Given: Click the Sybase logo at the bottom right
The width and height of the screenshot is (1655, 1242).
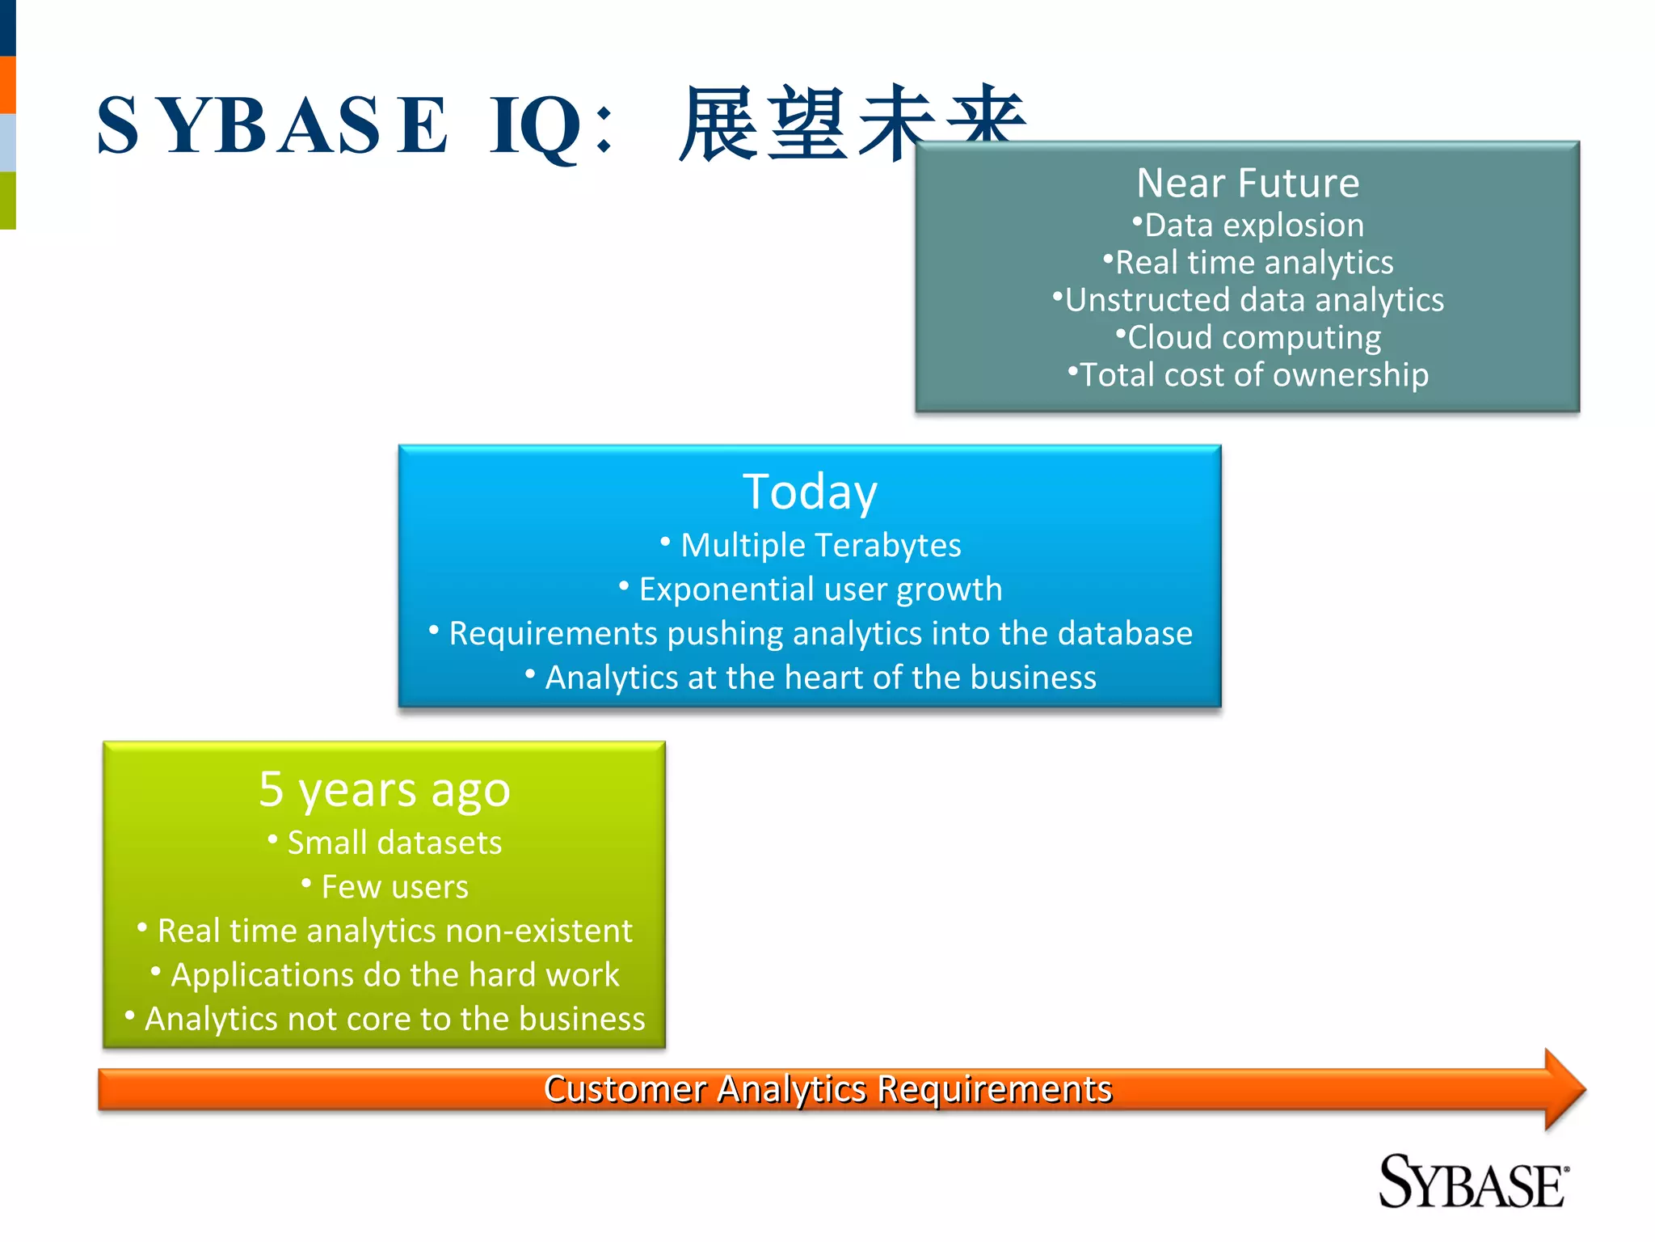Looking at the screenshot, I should pos(1472,1182).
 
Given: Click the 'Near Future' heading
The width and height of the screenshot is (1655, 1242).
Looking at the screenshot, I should pos(1248,184).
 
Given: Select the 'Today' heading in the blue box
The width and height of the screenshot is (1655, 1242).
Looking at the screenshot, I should pos(810,492).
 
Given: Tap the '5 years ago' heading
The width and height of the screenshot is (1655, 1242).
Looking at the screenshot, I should pos(385,789).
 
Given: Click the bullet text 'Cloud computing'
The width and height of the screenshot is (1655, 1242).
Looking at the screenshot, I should pos(1253,337).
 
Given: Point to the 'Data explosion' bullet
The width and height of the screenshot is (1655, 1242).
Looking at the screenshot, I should pos(1253,226).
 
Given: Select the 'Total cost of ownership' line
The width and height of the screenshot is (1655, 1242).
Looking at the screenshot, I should pos(1253,375).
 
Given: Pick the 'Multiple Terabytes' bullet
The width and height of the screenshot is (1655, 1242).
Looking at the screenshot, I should pos(819,546).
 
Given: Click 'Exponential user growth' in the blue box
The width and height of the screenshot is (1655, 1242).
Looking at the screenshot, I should pos(819,589).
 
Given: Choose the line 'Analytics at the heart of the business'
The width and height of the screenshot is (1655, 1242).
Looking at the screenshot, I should pos(819,678).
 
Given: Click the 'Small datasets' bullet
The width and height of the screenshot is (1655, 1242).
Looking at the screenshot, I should pos(394,843).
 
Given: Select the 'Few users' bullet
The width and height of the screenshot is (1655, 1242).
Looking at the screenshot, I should pos(394,887).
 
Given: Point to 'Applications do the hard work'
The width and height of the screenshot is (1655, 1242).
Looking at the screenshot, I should pos(394,975).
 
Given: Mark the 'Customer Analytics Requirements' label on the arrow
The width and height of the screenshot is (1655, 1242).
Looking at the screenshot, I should pos(827,1089).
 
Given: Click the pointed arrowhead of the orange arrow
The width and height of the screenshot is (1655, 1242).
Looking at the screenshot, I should pos(1564,1089).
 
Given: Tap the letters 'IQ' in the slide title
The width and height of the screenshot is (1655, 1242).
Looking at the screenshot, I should pos(534,126).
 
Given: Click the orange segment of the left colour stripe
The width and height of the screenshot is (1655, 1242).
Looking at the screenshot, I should pos(7,85).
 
